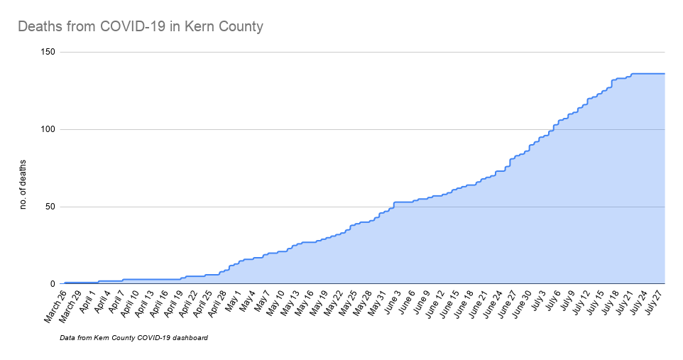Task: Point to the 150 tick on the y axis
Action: (49, 53)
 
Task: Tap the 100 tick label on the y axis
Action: (49, 130)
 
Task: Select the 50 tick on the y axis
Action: (51, 207)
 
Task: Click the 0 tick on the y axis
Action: (54, 284)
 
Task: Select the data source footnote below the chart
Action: (134, 338)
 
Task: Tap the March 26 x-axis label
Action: (54, 307)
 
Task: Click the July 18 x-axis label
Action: (607, 305)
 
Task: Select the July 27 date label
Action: (651, 305)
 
